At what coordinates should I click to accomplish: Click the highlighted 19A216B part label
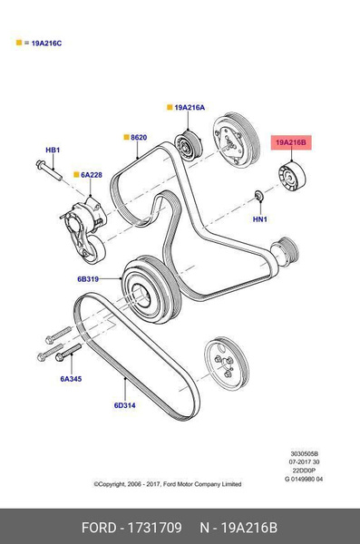click(x=293, y=142)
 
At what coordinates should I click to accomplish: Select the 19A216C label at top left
click(x=44, y=43)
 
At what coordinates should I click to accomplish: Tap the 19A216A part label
click(x=190, y=108)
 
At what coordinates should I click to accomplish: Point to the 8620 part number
click(x=138, y=138)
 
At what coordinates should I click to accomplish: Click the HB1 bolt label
click(x=53, y=150)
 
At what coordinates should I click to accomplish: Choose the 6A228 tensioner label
click(x=92, y=176)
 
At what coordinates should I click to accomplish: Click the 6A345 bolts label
click(x=71, y=379)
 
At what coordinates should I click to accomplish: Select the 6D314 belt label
click(x=124, y=405)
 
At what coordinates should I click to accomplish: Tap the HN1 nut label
click(x=259, y=219)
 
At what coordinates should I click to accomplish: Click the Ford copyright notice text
click(x=168, y=484)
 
